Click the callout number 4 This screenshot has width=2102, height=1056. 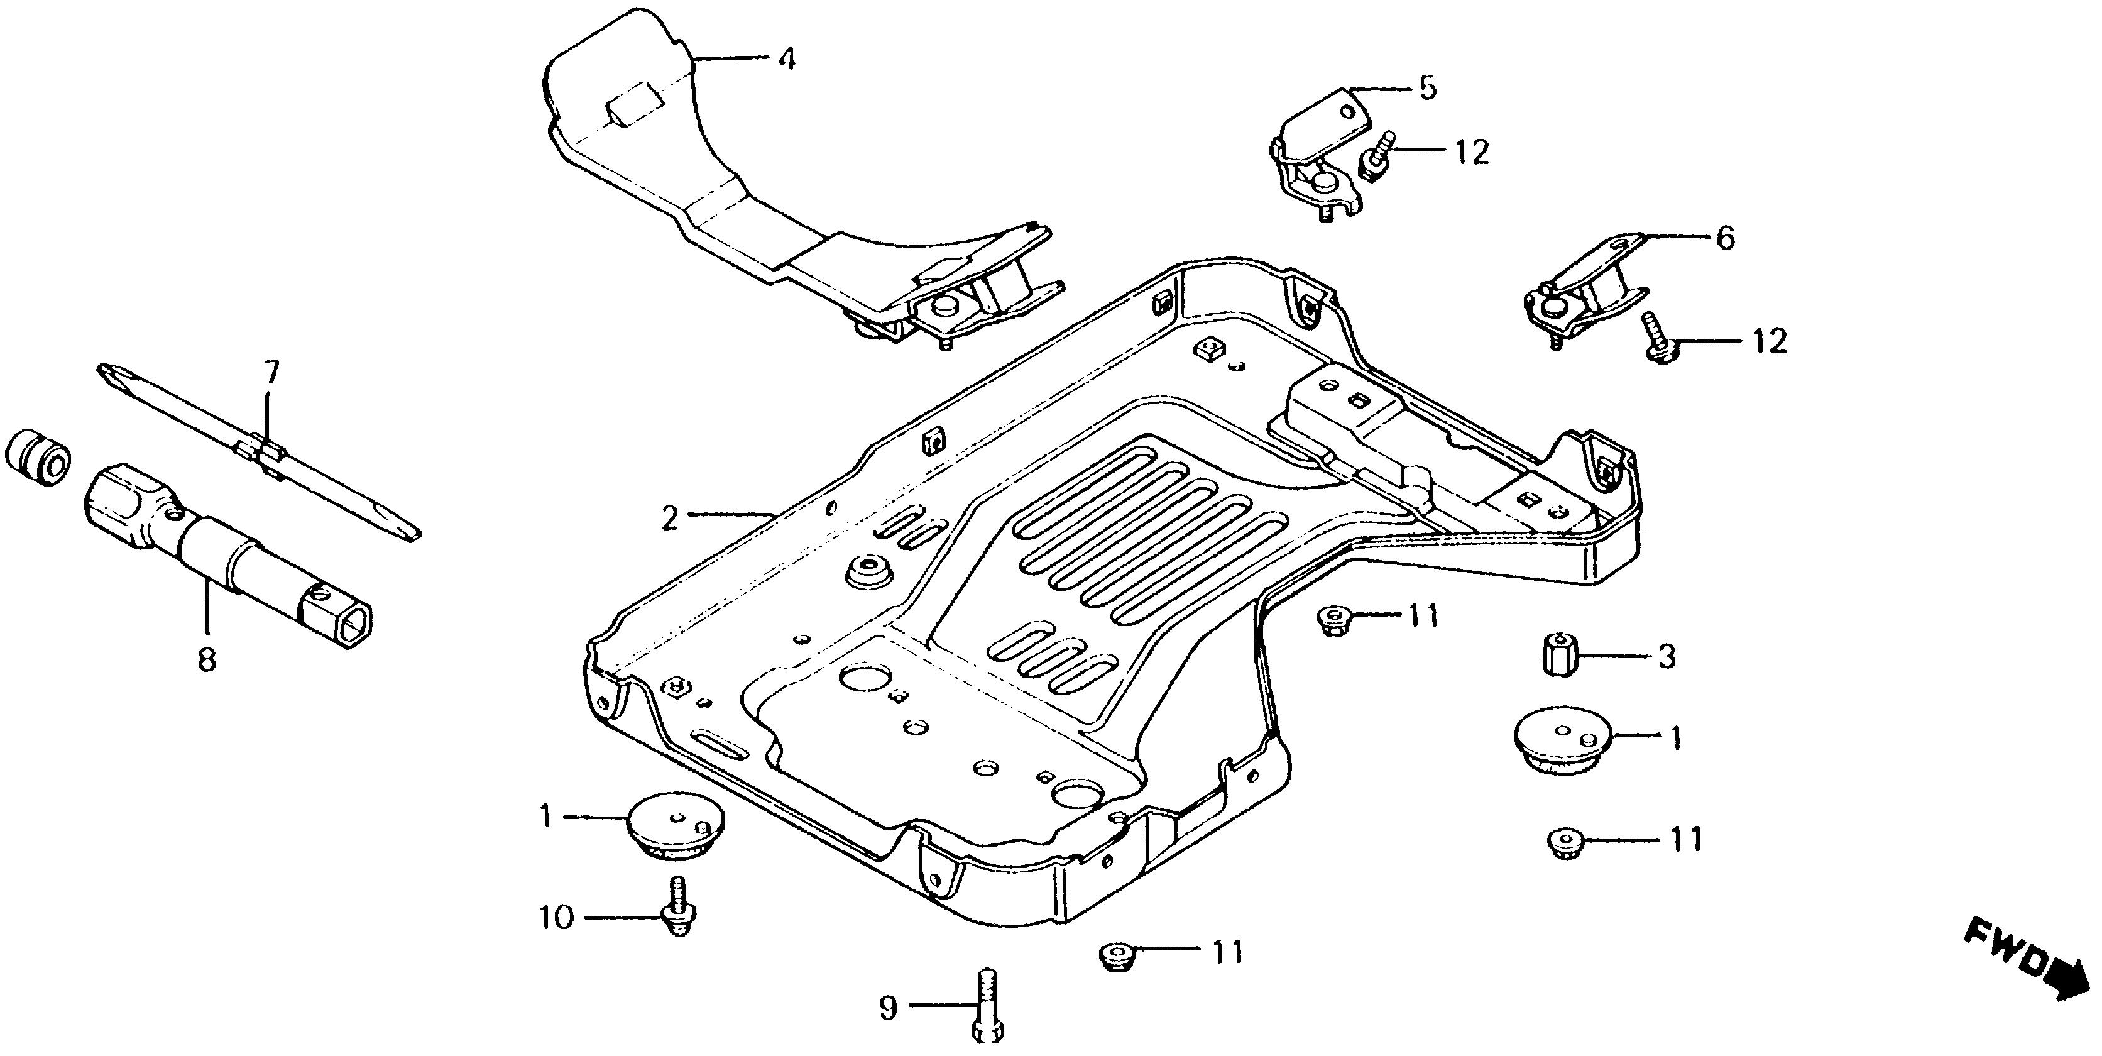pyautogui.click(x=786, y=58)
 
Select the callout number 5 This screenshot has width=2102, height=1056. pyautogui.click(x=1427, y=88)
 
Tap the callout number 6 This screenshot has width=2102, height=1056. pyautogui.click(x=1725, y=238)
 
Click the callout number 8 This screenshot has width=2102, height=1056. pyautogui.click(x=207, y=659)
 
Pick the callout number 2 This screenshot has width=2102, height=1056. pyautogui.click(x=669, y=517)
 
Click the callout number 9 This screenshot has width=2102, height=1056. pyautogui.click(x=888, y=1009)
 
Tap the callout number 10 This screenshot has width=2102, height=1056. pyautogui.click(x=557, y=918)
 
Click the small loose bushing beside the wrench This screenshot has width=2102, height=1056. pyautogui.click(x=38, y=456)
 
